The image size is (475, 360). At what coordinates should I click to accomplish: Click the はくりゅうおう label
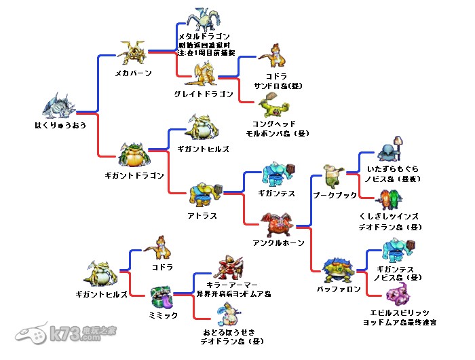point(60,125)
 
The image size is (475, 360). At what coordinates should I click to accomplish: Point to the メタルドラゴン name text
point(204,36)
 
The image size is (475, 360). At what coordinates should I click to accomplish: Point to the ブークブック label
point(335,195)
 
